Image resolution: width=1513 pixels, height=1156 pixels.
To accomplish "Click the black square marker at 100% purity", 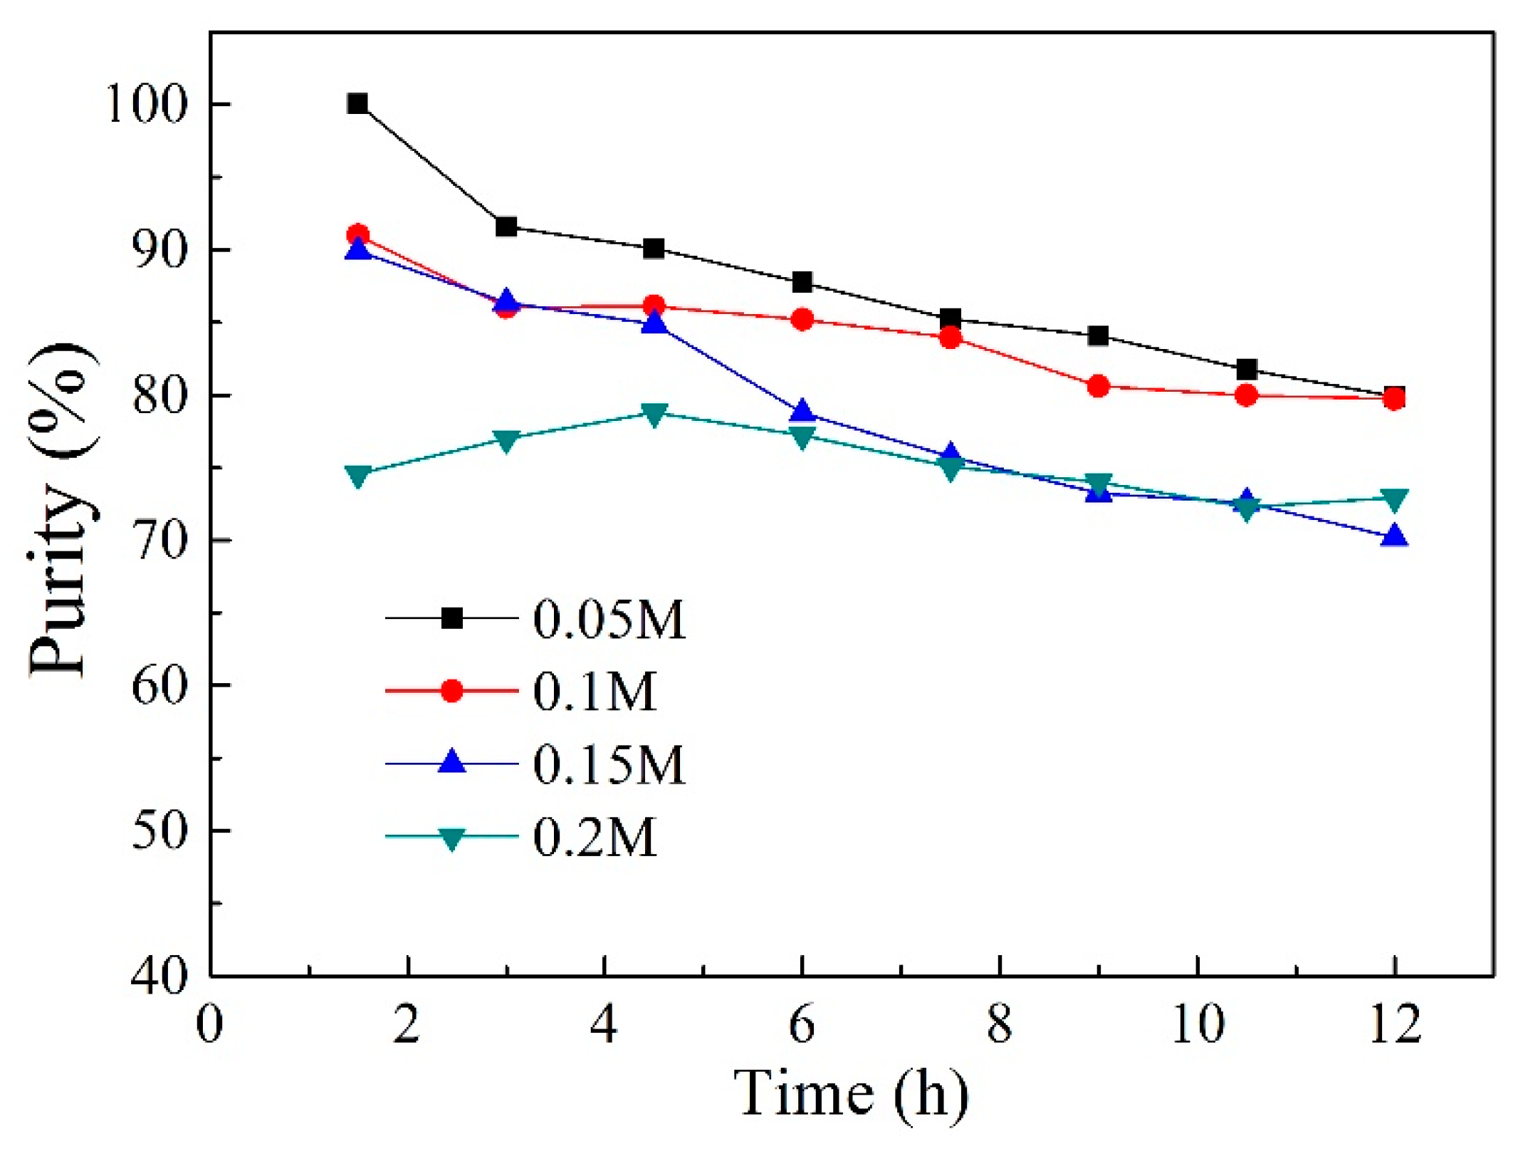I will click(x=357, y=104).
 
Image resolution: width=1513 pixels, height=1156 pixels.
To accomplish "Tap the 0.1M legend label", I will click(x=594, y=691).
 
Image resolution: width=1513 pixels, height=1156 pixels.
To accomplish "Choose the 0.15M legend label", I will click(x=609, y=764).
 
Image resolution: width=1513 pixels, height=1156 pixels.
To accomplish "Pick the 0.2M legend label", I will click(x=594, y=837).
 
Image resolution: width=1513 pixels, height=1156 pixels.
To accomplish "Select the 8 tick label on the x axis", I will click(x=1000, y=1025).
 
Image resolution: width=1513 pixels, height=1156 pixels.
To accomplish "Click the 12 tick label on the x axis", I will click(x=1395, y=1025).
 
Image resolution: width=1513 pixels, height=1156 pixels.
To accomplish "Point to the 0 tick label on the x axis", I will click(x=209, y=1025).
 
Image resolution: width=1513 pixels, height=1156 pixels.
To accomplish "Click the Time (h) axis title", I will click(x=851, y=1093).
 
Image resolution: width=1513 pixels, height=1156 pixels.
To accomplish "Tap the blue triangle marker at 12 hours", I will click(x=1395, y=536).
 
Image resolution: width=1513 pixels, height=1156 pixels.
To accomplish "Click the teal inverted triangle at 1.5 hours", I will click(x=357, y=475).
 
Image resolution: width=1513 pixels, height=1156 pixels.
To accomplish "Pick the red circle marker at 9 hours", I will click(x=1099, y=387).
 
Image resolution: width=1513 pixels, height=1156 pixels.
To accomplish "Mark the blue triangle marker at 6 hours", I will click(x=802, y=412).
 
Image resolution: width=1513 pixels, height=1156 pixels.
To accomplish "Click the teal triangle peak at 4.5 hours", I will click(x=654, y=414).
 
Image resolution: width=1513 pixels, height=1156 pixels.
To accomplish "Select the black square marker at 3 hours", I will click(x=506, y=227).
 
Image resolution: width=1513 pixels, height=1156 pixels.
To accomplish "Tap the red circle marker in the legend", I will click(x=451, y=691).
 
